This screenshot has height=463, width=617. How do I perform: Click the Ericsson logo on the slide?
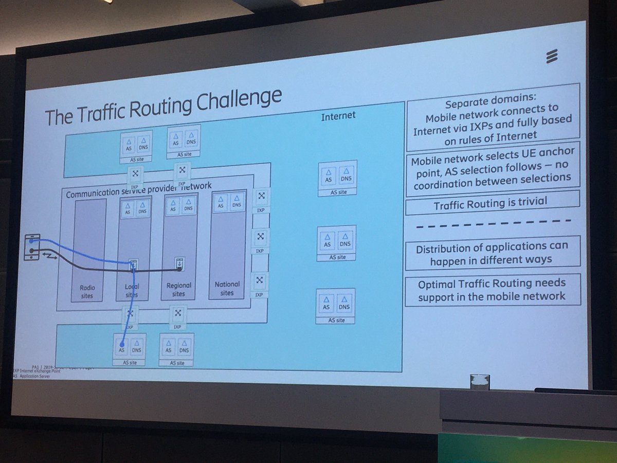pyautogui.click(x=552, y=56)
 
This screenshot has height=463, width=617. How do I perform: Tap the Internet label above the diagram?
pyautogui.click(x=338, y=116)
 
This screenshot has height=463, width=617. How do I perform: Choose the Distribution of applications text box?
pyautogui.click(x=492, y=252)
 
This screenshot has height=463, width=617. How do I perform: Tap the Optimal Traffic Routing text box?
pyautogui.click(x=492, y=289)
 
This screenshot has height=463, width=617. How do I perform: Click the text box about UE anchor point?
pyautogui.click(x=492, y=169)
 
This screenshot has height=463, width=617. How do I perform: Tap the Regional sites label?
pyautogui.click(x=179, y=289)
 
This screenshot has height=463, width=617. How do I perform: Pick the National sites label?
pyautogui.click(x=227, y=288)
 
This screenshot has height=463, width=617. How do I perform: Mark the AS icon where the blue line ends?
pyautogui.click(x=122, y=346)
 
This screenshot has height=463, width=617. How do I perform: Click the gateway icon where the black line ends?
pyautogui.click(x=179, y=263)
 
